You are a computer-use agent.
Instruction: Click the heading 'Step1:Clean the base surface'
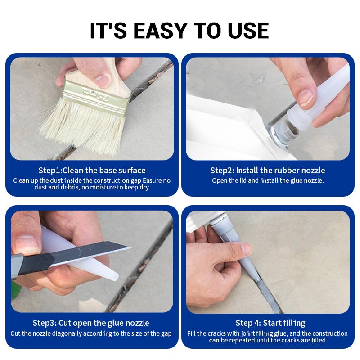[91, 170]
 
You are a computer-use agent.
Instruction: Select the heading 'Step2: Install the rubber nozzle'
[268, 171]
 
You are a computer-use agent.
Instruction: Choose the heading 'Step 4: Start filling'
[270, 323]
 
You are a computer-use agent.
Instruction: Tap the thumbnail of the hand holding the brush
[103, 80]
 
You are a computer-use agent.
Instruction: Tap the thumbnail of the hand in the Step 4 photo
[247, 248]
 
